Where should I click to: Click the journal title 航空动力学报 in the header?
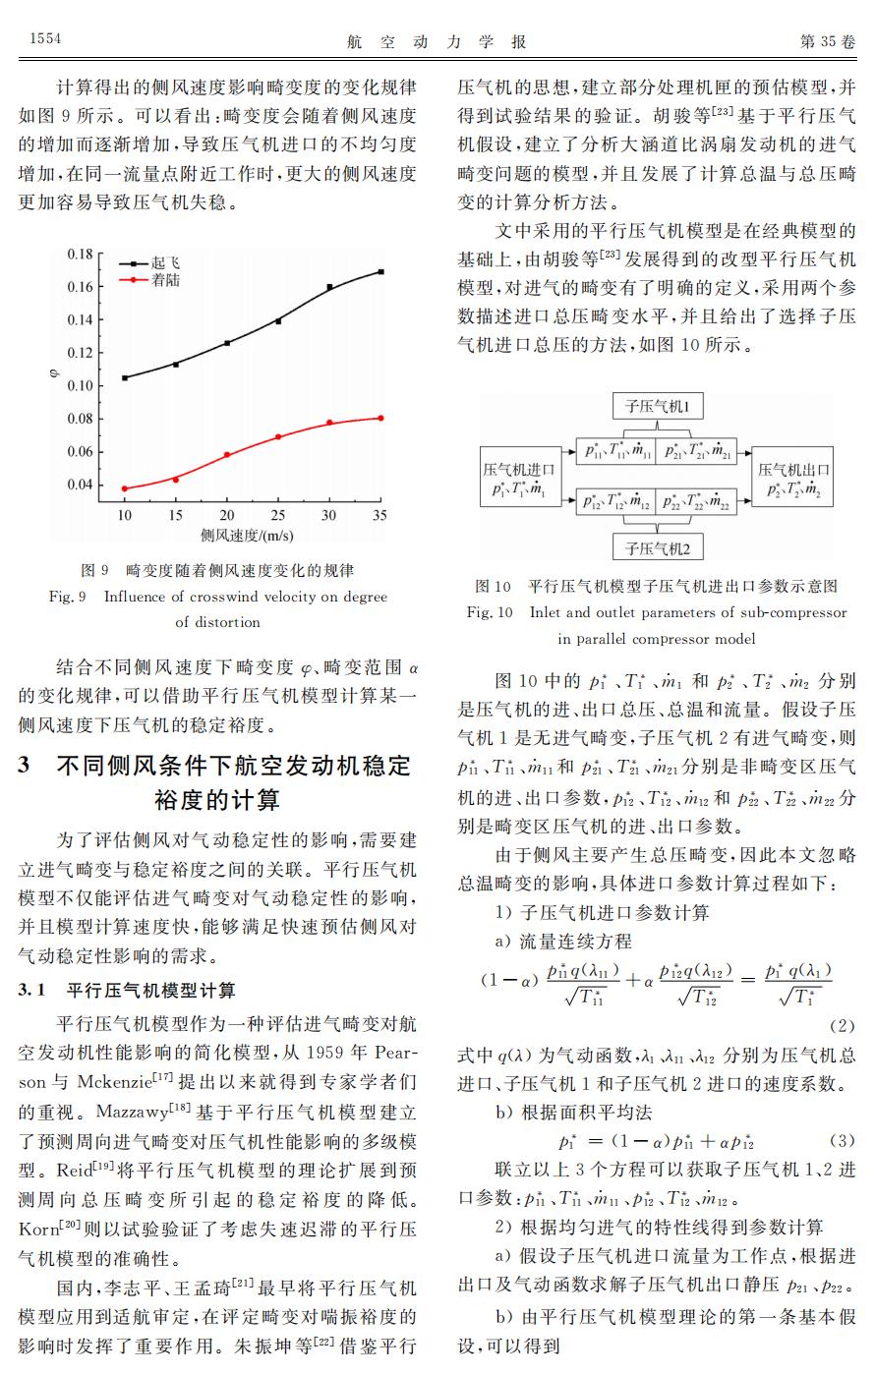437,40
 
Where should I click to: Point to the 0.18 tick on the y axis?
80,254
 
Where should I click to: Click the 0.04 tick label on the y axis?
80,485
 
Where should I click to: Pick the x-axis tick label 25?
277,515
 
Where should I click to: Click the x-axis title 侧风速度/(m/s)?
248,536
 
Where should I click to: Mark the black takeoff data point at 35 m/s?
380,271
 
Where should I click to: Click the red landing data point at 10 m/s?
125,488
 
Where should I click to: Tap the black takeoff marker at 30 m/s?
329,287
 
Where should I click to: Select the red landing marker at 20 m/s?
227,455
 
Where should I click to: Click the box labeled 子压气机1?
657,406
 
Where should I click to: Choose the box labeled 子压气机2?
657,546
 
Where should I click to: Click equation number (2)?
842,1026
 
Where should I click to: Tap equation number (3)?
842,1141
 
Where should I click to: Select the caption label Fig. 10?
490,612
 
